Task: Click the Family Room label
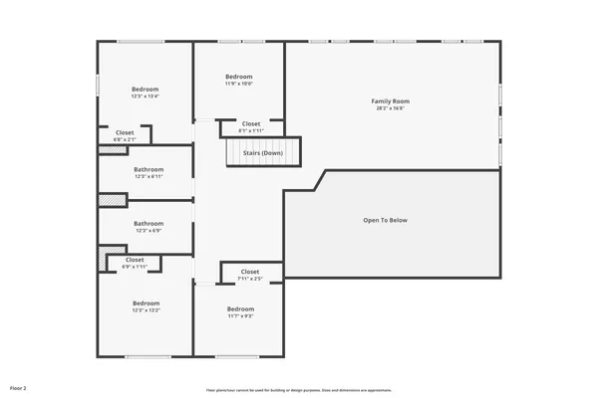[x=391, y=100]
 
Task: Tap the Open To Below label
[x=385, y=220]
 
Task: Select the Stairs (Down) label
[x=263, y=152]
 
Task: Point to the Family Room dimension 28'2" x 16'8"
[x=391, y=108]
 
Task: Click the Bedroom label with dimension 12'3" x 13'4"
[x=145, y=90]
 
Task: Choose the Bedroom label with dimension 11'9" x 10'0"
[x=239, y=77]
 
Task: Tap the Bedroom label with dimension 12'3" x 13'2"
[x=146, y=302]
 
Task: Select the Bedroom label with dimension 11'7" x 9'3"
[x=240, y=308]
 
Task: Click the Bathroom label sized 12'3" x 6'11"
[x=149, y=169]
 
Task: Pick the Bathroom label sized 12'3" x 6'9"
[x=149, y=224]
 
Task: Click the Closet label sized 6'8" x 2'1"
[x=125, y=132]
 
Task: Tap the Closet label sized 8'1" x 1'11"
[x=251, y=124]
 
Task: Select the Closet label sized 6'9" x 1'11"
[x=135, y=260]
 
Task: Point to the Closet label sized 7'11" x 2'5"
[x=250, y=272]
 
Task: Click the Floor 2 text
[x=19, y=387]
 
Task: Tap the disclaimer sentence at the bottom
[x=298, y=389]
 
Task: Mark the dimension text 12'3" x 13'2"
[x=146, y=310]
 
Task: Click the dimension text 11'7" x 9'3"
[x=240, y=316]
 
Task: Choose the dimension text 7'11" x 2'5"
[x=250, y=279]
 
